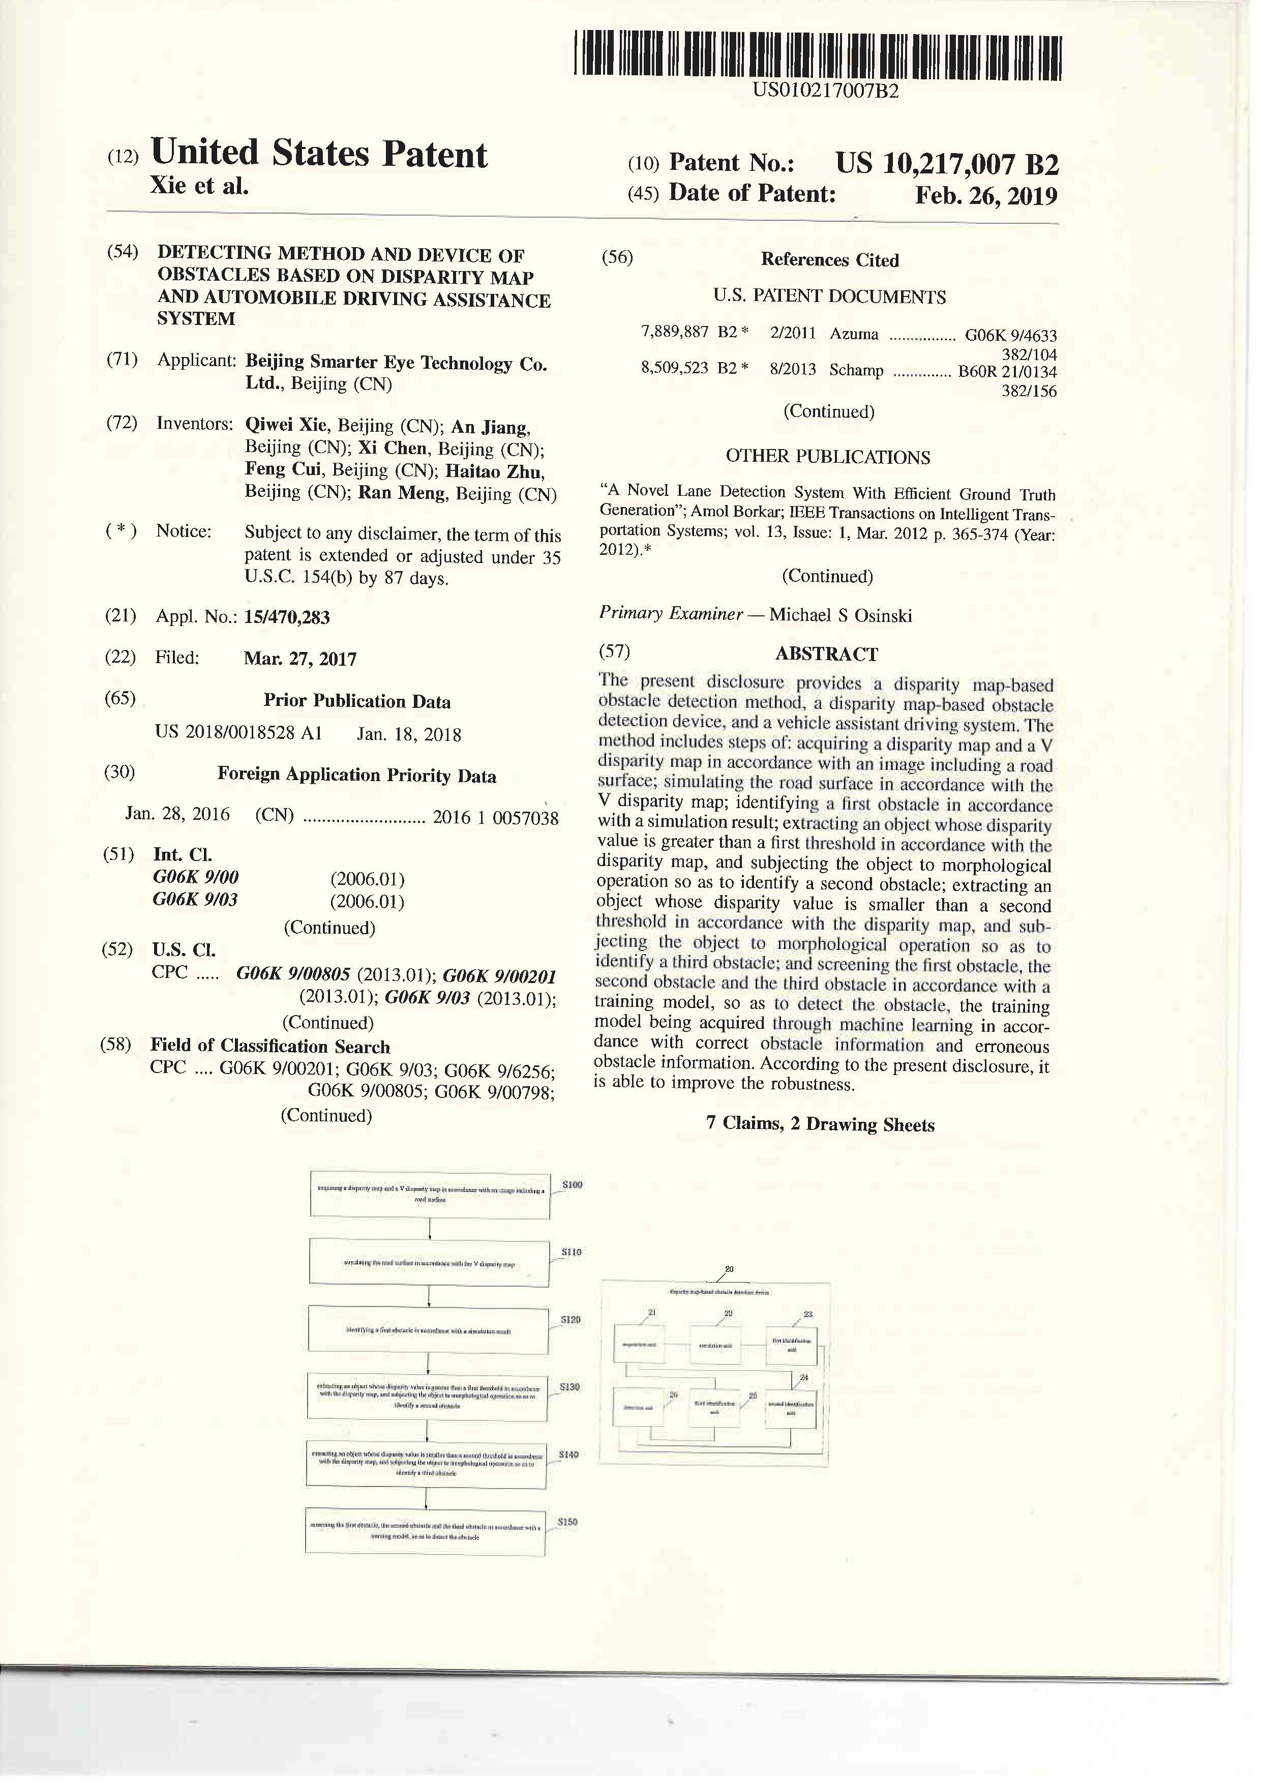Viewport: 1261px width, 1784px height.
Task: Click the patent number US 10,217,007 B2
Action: pyautogui.click(x=946, y=164)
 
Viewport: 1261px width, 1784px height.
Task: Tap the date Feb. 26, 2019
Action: pyautogui.click(x=985, y=195)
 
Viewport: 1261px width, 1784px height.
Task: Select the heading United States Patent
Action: pyautogui.click(x=318, y=153)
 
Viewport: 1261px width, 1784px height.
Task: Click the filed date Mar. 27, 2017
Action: pyautogui.click(x=300, y=659)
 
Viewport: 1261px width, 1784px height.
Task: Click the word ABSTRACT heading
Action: pyautogui.click(x=826, y=653)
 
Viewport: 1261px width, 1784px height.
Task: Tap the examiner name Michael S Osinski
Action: pyautogui.click(x=840, y=615)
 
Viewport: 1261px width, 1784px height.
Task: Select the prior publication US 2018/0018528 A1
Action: pyautogui.click(x=238, y=733)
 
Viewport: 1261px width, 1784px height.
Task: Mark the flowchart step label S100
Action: pyautogui.click(x=572, y=1184)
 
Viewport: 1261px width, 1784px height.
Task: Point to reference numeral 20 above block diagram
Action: pyautogui.click(x=728, y=1269)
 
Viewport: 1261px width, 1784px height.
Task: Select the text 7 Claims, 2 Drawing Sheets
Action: pyautogui.click(x=820, y=1124)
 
